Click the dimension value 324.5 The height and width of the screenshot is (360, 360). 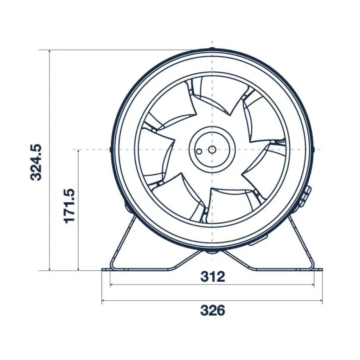(x=36, y=162)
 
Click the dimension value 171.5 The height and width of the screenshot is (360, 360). (x=70, y=206)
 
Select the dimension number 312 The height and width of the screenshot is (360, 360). (x=213, y=277)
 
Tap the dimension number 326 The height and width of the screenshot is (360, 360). (x=212, y=310)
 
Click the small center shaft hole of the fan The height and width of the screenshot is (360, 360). (x=212, y=149)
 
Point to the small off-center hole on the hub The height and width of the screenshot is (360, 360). (x=199, y=152)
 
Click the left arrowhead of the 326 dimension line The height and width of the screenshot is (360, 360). (x=103, y=301)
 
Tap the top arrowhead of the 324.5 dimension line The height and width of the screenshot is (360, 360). (x=50, y=52)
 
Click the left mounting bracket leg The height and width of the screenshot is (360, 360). (x=121, y=243)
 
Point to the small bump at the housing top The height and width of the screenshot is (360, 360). (x=212, y=49)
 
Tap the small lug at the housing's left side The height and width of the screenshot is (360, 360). (x=111, y=149)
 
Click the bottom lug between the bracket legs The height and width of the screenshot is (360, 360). (x=211, y=251)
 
